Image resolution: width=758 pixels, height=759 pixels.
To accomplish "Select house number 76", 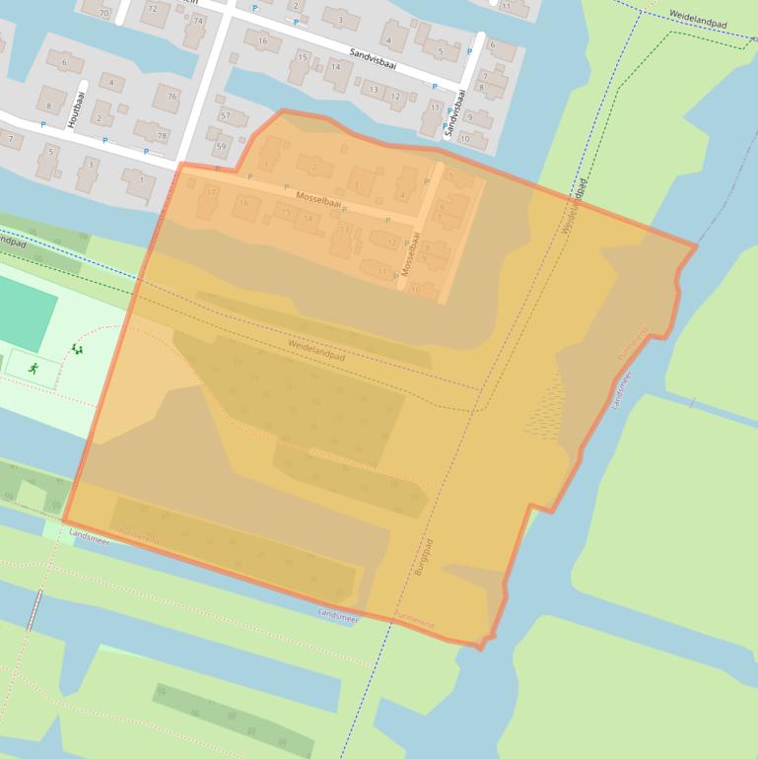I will [173, 97].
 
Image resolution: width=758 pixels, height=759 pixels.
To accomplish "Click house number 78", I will [162, 135].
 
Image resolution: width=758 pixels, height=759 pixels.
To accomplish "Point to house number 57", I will [226, 115].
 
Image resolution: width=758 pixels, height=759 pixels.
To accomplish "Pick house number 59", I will [220, 148].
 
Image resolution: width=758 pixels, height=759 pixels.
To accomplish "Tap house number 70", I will [103, 12].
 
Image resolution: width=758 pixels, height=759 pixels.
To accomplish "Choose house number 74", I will [199, 20].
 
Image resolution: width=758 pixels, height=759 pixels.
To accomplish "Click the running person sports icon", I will [34, 368].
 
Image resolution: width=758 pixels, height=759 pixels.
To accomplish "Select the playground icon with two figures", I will [77, 349].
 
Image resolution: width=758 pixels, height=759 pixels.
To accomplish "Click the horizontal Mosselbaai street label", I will [318, 202].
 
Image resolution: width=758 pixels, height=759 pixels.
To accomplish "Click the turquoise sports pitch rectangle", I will [22, 311].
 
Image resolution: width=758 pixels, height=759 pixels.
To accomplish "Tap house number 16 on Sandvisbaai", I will [262, 40].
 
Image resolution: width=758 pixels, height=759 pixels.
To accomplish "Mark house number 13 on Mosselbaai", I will [344, 229].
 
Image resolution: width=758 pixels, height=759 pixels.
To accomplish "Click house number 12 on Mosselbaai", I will [392, 242].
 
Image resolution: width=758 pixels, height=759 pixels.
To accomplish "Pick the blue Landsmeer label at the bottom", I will [338, 613].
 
